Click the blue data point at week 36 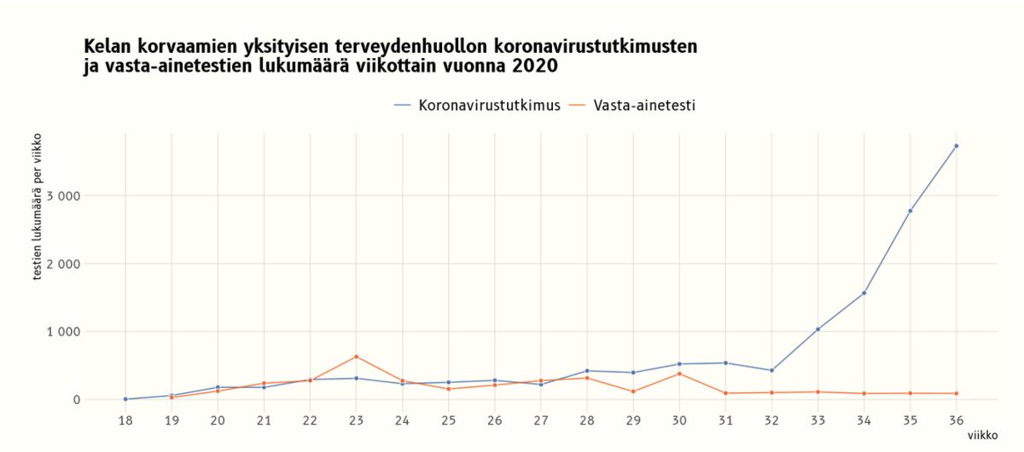(956, 146)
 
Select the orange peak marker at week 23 (356, 356)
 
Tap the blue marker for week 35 (910, 211)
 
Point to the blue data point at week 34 (864, 293)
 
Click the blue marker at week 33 (817, 329)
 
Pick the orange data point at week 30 (679, 374)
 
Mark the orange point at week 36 (956, 393)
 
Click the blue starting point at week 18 (125, 399)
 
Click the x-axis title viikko (982, 435)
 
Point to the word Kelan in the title (106, 47)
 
